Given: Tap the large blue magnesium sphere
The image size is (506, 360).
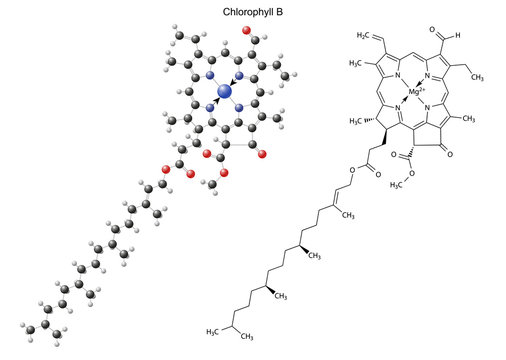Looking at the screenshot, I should click(x=224, y=91).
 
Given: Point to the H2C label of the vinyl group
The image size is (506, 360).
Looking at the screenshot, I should click(x=365, y=36).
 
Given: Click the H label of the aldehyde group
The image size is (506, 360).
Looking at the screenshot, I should click(x=457, y=36).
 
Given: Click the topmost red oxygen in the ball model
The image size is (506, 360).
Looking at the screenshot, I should click(x=246, y=30).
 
